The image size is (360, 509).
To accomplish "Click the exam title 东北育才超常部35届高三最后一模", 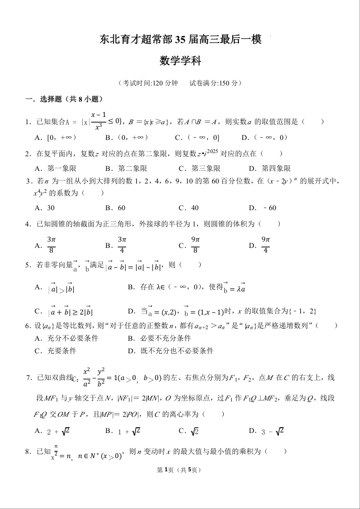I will (x=180, y=39).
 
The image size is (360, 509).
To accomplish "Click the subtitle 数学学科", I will (x=180, y=61).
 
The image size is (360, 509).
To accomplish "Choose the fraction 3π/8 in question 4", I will (x=51, y=245).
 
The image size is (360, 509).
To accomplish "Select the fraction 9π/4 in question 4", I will (x=266, y=245).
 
